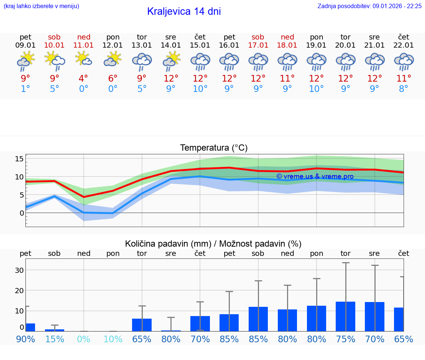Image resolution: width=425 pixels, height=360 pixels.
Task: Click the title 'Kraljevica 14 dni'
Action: pyautogui.click(x=184, y=11)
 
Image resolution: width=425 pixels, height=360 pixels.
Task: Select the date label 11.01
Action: pyautogui.click(x=84, y=45)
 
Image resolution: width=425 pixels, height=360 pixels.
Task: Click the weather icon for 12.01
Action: pyautogui.click(x=113, y=59)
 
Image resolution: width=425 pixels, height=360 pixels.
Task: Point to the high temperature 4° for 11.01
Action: pyautogui.click(x=84, y=78)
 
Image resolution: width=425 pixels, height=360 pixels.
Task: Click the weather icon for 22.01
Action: pyautogui.click(x=404, y=61)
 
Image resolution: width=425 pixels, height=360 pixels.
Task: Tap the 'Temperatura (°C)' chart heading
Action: pyautogui.click(x=214, y=148)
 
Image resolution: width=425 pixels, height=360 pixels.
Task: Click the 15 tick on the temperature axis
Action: pyautogui.click(x=19, y=159)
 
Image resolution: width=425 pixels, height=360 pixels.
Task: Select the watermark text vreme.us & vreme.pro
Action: pyautogui.click(x=315, y=176)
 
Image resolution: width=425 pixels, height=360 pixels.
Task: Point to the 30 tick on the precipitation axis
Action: pyautogui.click(x=19, y=270)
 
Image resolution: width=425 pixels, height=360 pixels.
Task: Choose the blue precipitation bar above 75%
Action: pyautogui.click(x=346, y=316)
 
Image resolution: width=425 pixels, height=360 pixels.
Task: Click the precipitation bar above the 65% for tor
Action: pyautogui.click(x=142, y=325)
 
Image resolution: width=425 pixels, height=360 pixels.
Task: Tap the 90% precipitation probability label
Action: pyautogui.click(x=25, y=339)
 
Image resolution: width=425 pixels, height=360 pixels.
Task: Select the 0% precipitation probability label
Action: pyautogui.click(x=84, y=339)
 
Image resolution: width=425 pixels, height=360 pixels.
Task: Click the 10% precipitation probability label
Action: pyautogui.click(x=113, y=339)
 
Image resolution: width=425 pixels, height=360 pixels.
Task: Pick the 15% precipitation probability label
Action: pyautogui.click(x=55, y=339)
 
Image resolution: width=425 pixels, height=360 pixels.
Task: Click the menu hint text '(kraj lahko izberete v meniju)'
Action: pyautogui.click(x=41, y=6)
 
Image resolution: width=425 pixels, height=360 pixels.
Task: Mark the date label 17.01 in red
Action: pyautogui.click(x=258, y=45)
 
